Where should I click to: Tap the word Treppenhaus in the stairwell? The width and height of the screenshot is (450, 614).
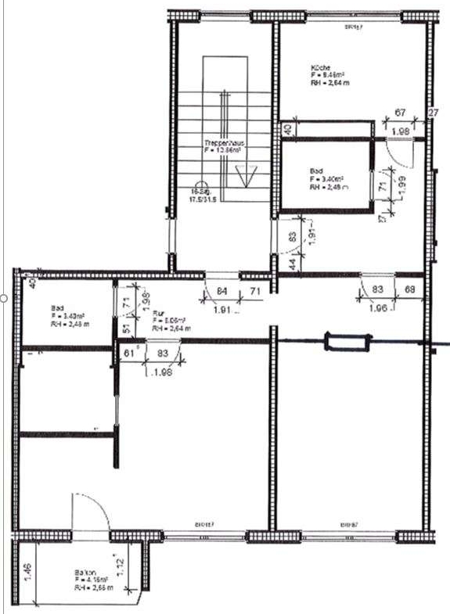221,144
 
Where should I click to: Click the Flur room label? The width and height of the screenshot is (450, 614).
158,314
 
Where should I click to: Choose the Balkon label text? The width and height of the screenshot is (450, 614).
85,572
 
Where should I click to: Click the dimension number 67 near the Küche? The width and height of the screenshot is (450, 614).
399,114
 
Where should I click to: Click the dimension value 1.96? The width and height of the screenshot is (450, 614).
379,307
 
